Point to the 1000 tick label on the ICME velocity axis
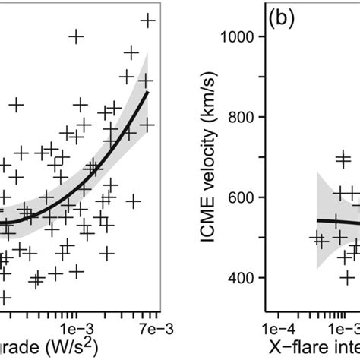[240, 36]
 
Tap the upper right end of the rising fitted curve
[148, 93]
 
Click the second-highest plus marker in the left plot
[75, 36]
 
